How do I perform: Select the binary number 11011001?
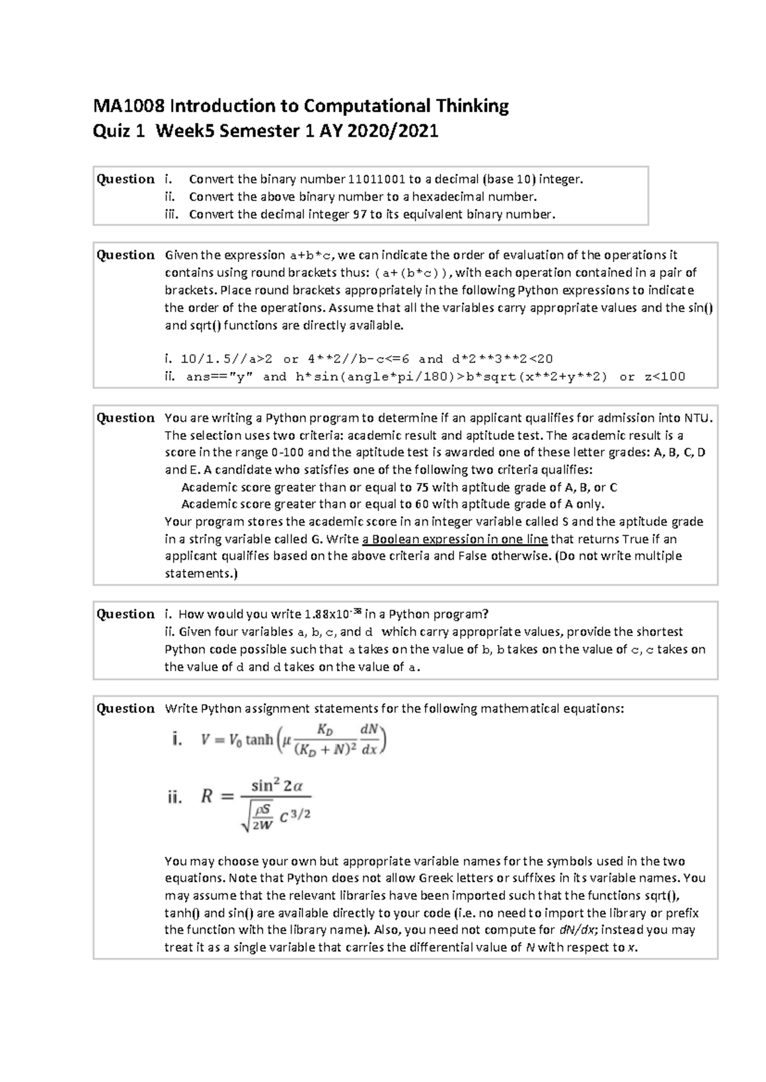coord(377,179)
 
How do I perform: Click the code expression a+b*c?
coord(311,255)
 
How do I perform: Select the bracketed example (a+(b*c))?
coord(412,273)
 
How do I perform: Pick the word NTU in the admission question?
coord(696,418)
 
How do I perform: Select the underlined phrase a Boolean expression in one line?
coord(454,539)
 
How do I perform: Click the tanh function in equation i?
coord(259,740)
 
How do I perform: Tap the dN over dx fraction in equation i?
coord(370,739)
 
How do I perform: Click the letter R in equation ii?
coord(207,796)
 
